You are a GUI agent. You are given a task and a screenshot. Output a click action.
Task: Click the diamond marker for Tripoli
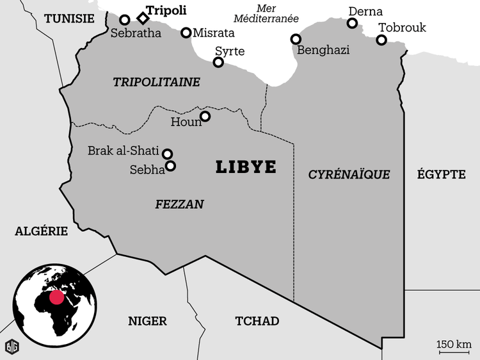[x=143, y=18]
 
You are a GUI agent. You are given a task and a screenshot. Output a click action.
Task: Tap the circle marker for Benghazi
[x=296, y=39]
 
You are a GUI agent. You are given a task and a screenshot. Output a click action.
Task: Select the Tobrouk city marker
[x=381, y=40]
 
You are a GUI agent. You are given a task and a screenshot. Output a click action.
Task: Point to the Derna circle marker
[x=352, y=23]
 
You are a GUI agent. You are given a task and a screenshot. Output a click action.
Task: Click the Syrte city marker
[x=218, y=62]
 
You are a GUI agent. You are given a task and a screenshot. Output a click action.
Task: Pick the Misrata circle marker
[x=186, y=33]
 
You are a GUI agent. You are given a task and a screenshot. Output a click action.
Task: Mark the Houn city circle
[x=205, y=116]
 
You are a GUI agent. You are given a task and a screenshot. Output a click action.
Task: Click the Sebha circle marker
[x=171, y=166]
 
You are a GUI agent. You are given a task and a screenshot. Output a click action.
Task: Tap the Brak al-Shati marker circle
[x=168, y=154]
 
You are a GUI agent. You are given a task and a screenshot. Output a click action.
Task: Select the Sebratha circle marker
[x=125, y=20]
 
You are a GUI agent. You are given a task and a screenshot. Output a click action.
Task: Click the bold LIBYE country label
[x=246, y=167]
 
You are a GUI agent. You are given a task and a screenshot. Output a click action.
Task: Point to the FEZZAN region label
[x=179, y=204]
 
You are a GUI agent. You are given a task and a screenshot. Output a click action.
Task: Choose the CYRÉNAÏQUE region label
[x=349, y=174]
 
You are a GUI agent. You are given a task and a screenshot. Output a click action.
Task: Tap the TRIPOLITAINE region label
[x=156, y=82]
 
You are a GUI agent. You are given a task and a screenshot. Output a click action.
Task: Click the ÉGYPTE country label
[x=441, y=174]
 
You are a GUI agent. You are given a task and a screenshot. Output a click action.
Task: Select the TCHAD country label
[x=257, y=321]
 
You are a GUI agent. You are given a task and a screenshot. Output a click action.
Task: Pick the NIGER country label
[x=147, y=321]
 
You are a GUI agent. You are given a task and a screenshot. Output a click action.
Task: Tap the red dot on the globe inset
[x=57, y=297]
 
